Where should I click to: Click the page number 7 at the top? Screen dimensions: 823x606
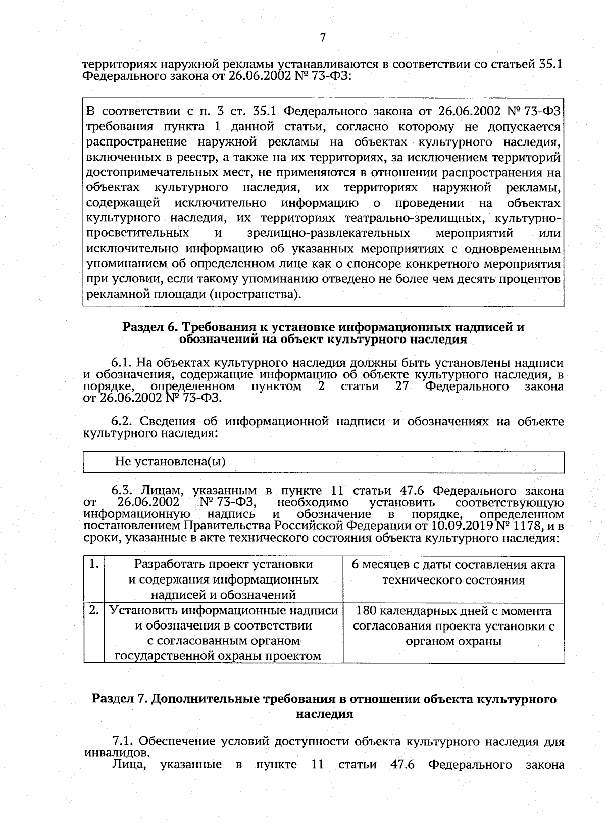(x=323, y=38)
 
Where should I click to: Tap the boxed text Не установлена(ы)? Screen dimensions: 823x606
(x=170, y=461)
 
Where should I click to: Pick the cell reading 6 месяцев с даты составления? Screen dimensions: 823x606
(x=453, y=572)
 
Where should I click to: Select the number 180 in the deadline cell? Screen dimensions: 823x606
(x=367, y=611)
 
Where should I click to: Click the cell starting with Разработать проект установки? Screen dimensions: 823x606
(x=223, y=579)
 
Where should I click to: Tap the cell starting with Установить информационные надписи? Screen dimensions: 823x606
(x=223, y=633)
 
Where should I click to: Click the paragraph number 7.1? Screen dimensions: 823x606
(x=123, y=741)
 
